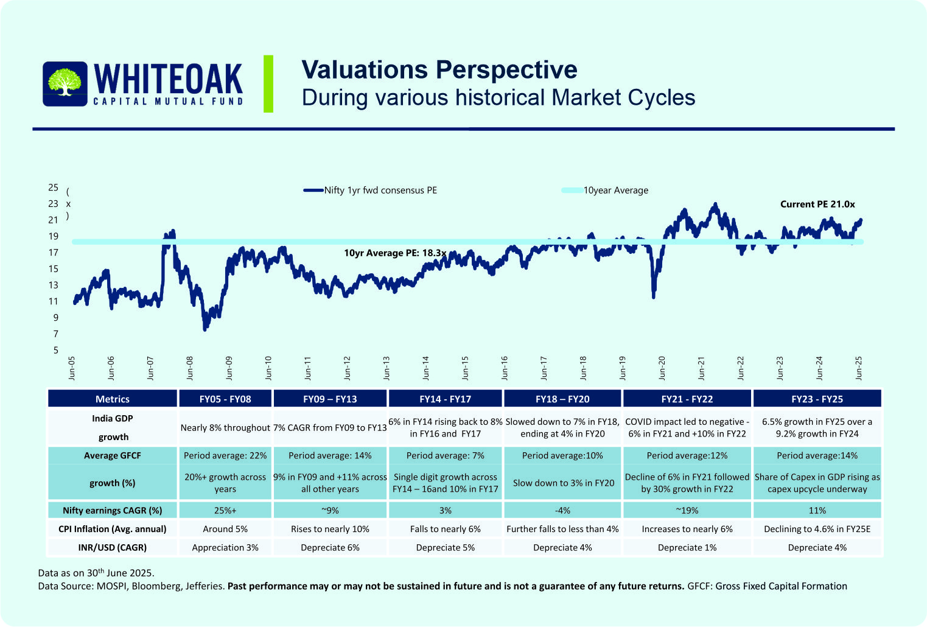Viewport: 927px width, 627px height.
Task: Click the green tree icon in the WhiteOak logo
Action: (65, 83)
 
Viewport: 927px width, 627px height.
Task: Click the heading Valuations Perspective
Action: (439, 70)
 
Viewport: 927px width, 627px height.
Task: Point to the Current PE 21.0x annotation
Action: (817, 205)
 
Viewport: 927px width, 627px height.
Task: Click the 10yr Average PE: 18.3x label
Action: (395, 253)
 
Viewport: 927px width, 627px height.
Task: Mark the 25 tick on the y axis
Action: (54, 187)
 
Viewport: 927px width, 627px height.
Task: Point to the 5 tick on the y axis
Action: (56, 350)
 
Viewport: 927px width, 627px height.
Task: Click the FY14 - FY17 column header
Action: (445, 399)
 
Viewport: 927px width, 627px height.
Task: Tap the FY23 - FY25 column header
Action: (817, 399)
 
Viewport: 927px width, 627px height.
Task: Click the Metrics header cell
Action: (113, 399)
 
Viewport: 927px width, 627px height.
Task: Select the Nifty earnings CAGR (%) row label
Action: (113, 511)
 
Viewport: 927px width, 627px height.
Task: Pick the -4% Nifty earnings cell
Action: (562, 511)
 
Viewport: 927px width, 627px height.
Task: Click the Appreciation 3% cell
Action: (225, 548)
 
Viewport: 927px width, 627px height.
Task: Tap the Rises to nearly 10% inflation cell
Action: (330, 530)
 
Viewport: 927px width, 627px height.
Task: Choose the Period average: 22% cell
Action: (225, 456)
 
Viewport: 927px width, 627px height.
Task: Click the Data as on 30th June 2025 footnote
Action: (96, 573)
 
